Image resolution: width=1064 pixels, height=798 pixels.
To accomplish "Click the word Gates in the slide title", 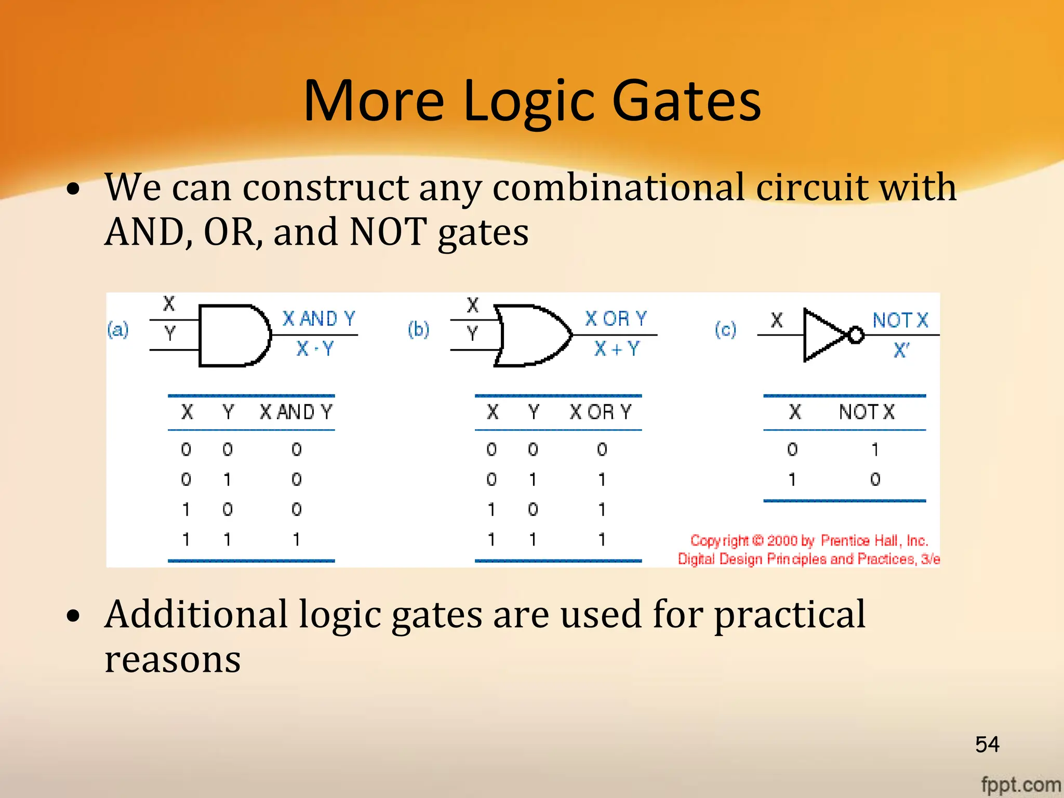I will (686, 101).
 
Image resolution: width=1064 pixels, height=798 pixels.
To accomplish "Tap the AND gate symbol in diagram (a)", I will (234, 336).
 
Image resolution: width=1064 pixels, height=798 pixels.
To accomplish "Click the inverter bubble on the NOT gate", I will (856, 335).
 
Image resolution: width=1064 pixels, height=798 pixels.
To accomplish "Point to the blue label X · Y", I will (315, 349).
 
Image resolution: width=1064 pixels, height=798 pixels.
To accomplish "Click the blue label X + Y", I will (617, 349).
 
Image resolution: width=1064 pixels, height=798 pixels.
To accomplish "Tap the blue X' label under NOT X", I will (901, 350).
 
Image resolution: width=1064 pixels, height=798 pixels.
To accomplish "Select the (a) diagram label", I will (118, 329).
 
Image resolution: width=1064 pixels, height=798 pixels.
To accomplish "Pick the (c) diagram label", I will (725, 329).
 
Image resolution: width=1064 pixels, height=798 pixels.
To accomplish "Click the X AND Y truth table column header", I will (296, 412).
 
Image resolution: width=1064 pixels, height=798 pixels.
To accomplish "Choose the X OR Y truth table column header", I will (601, 412).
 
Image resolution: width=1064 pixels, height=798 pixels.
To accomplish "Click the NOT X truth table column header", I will (867, 412).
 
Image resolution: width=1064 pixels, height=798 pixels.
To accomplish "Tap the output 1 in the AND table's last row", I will (296, 540).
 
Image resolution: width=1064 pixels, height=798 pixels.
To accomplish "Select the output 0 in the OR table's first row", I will (602, 449).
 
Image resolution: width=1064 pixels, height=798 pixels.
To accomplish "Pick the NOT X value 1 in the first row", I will (875, 449).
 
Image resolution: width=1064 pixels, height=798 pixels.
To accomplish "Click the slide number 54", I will (987, 744).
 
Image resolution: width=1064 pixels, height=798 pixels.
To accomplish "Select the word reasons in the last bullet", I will (172, 660).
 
